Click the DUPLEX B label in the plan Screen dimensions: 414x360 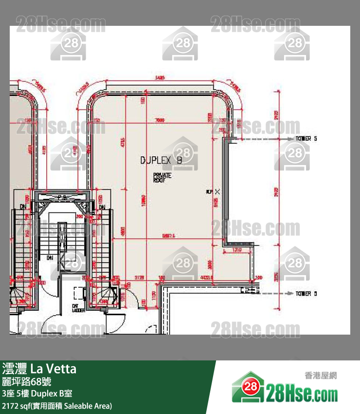(x=161, y=160)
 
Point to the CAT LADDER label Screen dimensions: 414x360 (x=78, y=308)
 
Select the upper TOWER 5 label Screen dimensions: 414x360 (x=306, y=139)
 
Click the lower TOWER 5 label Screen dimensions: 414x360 (x=306, y=294)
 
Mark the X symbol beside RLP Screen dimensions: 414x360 (x=217, y=192)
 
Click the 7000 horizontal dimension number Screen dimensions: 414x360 (x=159, y=121)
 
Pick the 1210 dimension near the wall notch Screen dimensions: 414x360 (x=237, y=250)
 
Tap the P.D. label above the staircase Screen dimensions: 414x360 (x=62, y=198)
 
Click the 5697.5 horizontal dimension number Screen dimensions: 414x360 (x=169, y=236)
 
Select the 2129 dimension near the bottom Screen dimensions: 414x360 (x=139, y=278)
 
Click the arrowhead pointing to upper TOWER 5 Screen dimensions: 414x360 (x=290, y=139)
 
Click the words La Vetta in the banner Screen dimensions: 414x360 (x=54, y=369)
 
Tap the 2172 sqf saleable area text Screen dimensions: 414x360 (x=57, y=405)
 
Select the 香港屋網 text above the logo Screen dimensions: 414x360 (x=320, y=376)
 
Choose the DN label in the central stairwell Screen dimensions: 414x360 (x=50, y=257)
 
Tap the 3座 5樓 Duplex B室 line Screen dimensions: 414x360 (x=37, y=394)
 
